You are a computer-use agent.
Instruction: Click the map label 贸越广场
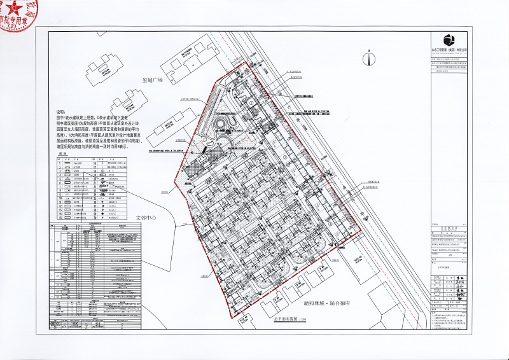click(153, 80)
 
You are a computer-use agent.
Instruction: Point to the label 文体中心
click(146, 217)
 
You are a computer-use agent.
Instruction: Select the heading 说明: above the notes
click(62, 110)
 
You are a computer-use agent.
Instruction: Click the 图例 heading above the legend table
click(62, 154)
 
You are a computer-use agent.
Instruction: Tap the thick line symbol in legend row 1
click(67, 163)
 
